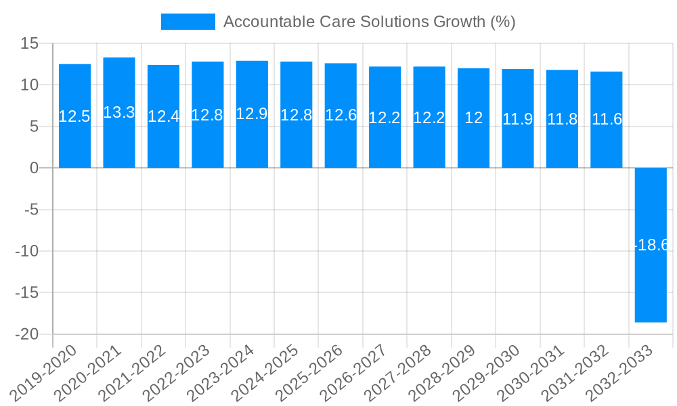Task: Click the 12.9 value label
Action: (252, 114)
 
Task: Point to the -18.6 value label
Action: (651, 245)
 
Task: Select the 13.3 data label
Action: (119, 112)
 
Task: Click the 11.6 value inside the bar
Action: (607, 119)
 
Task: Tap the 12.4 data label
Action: (163, 116)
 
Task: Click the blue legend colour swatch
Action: (188, 22)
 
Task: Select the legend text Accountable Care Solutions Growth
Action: (369, 22)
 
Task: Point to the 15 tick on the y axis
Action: (30, 43)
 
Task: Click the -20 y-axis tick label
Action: (27, 334)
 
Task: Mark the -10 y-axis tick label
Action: (27, 251)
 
